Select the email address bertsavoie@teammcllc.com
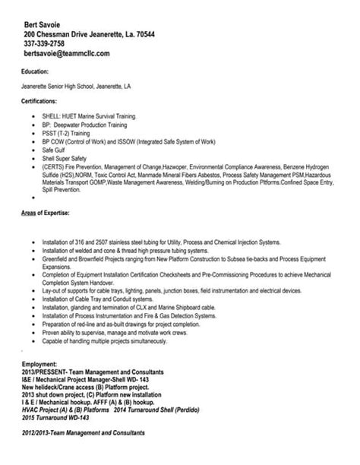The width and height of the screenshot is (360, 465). (x=67, y=54)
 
